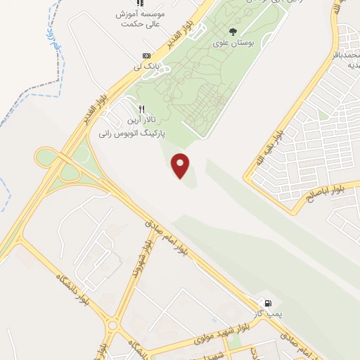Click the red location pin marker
(181, 165)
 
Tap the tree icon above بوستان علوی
(233, 31)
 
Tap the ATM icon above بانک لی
(146, 56)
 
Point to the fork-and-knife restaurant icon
(141, 109)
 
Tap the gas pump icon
(268, 302)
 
